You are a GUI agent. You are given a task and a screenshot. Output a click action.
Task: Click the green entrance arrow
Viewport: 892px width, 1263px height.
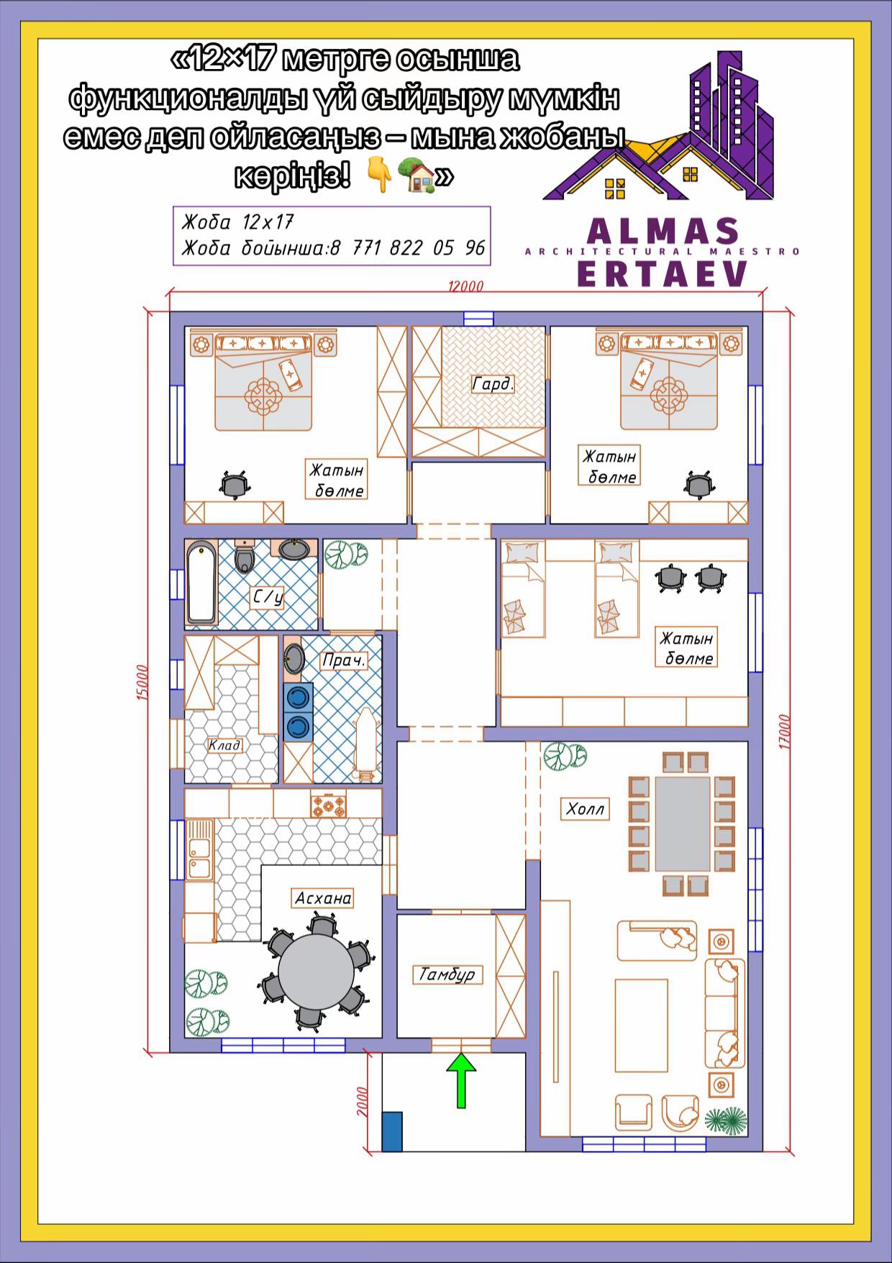tap(462, 1080)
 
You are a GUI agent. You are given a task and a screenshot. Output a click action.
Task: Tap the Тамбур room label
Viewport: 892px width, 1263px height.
tap(447, 975)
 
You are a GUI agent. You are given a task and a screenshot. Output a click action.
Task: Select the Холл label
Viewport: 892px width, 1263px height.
tap(585, 809)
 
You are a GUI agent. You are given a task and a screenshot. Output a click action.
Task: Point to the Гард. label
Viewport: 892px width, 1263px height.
tap(493, 384)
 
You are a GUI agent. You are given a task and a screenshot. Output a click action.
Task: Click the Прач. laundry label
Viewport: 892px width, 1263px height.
tap(344, 660)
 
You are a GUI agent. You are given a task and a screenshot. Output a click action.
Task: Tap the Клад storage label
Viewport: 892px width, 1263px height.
tap(224, 745)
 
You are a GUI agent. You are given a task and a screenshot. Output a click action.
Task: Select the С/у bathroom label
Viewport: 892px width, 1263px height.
tap(268, 597)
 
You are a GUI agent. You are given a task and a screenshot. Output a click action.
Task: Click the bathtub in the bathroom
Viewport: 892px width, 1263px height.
tap(201, 583)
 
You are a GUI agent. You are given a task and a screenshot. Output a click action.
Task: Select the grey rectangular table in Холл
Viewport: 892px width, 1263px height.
tap(682, 824)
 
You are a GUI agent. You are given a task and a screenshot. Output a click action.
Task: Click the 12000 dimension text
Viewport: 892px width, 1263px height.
tap(465, 286)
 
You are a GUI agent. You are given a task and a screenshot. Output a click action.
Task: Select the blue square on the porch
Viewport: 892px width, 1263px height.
tap(391, 1131)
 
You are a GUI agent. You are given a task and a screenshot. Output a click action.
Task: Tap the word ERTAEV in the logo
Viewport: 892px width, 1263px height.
tap(662, 274)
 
